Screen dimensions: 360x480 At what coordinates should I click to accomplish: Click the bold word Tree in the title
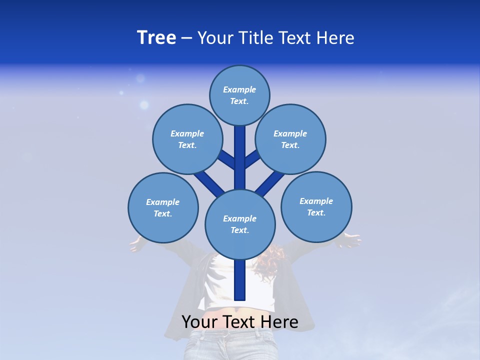tap(156, 37)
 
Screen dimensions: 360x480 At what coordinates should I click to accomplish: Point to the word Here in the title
tap(336, 38)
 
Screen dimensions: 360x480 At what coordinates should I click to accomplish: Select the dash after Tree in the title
tap(186, 38)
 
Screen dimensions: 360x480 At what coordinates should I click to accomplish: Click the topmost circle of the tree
tap(239, 95)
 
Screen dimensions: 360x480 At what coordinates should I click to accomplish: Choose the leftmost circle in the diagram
tap(163, 207)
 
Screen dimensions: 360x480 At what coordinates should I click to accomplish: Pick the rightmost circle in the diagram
tap(316, 206)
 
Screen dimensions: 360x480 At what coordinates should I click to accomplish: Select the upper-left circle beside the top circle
tap(187, 139)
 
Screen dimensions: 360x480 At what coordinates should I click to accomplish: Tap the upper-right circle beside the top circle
tap(290, 139)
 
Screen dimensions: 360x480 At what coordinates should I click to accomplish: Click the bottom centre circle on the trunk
tap(240, 224)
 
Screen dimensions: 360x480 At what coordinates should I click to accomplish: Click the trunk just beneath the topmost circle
tap(240, 150)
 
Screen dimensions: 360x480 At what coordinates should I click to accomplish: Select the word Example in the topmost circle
tap(239, 89)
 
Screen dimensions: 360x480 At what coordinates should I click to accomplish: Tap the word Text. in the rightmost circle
tap(316, 212)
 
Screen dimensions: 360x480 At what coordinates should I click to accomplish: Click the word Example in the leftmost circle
tap(163, 202)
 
